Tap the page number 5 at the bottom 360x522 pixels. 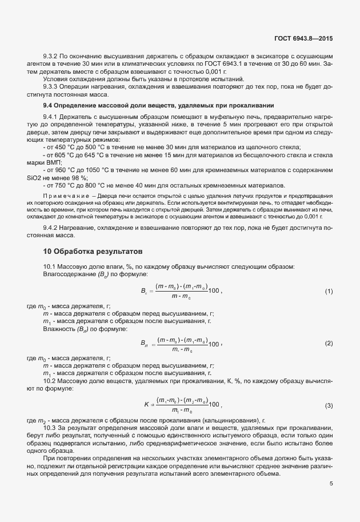coord(331,484)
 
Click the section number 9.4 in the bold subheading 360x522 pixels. coord(50,106)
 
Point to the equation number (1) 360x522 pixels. coord(329,292)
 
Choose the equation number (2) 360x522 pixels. coord(329,343)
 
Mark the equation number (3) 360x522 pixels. coord(329,405)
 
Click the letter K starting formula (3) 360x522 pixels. coord(146,405)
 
